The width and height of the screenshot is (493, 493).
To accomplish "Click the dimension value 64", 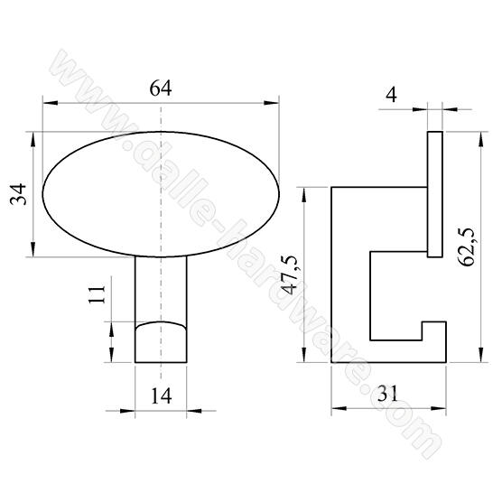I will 161,88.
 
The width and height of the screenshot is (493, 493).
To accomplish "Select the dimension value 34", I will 19,194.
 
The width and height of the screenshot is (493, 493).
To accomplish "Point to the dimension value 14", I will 161,395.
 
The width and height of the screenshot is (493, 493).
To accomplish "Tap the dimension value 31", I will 389,394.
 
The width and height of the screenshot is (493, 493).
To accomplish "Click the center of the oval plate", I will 161,194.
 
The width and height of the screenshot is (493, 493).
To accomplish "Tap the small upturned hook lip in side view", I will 435,331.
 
